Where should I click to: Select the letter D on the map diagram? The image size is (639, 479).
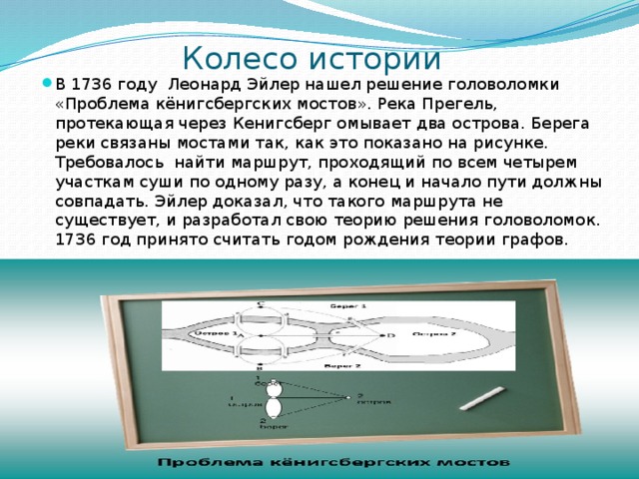pos(390,336)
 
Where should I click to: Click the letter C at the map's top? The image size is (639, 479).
pos(262,303)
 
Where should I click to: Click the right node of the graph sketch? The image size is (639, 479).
pos(348,398)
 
